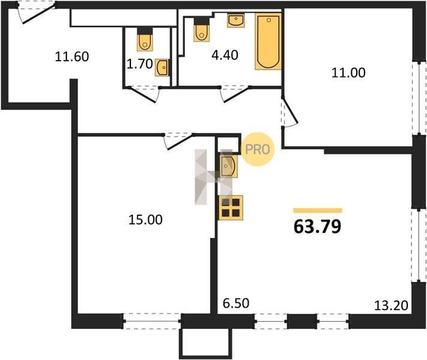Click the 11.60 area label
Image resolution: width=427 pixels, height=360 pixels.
[x=72, y=56]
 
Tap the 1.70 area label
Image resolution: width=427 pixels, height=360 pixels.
[x=140, y=64]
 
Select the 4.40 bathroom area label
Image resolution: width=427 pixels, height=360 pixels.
[x=225, y=55]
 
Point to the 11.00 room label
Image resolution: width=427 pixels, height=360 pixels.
[x=348, y=73]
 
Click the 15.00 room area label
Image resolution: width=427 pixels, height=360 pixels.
[x=145, y=220]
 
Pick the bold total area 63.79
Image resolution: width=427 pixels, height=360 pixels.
[x=318, y=226]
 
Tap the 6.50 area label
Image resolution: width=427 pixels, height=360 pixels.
[x=236, y=303]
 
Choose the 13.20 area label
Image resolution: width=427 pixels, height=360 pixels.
[x=391, y=305]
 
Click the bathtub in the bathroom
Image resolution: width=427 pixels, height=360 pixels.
[x=268, y=41]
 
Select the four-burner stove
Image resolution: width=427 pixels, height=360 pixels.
[x=231, y=208]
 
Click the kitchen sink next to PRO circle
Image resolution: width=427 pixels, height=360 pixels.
[x=228, y=166]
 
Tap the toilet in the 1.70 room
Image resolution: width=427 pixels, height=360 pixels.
[x=145, y=39]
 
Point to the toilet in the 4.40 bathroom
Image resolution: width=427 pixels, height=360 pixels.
[x=202, y=29]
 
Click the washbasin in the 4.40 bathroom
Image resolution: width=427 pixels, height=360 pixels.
[x=236, y=20]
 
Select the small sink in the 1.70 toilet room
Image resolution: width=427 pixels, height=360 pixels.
[x=163, y=67]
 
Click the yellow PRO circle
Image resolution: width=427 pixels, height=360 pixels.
[x=258, y=149]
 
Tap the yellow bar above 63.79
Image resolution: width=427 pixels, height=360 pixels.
[x=318, y=210]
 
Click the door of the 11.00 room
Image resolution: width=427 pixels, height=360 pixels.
[x=289, y=112]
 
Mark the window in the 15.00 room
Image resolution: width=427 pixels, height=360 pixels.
[x=152, y=321]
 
